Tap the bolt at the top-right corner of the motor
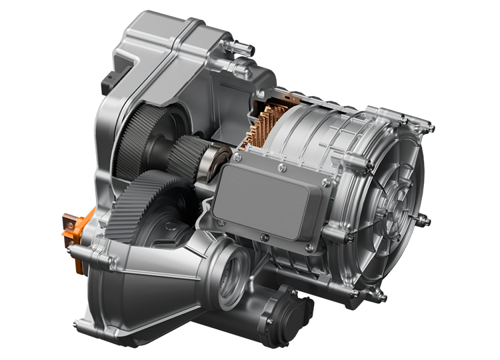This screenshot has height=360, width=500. (431, 127)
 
